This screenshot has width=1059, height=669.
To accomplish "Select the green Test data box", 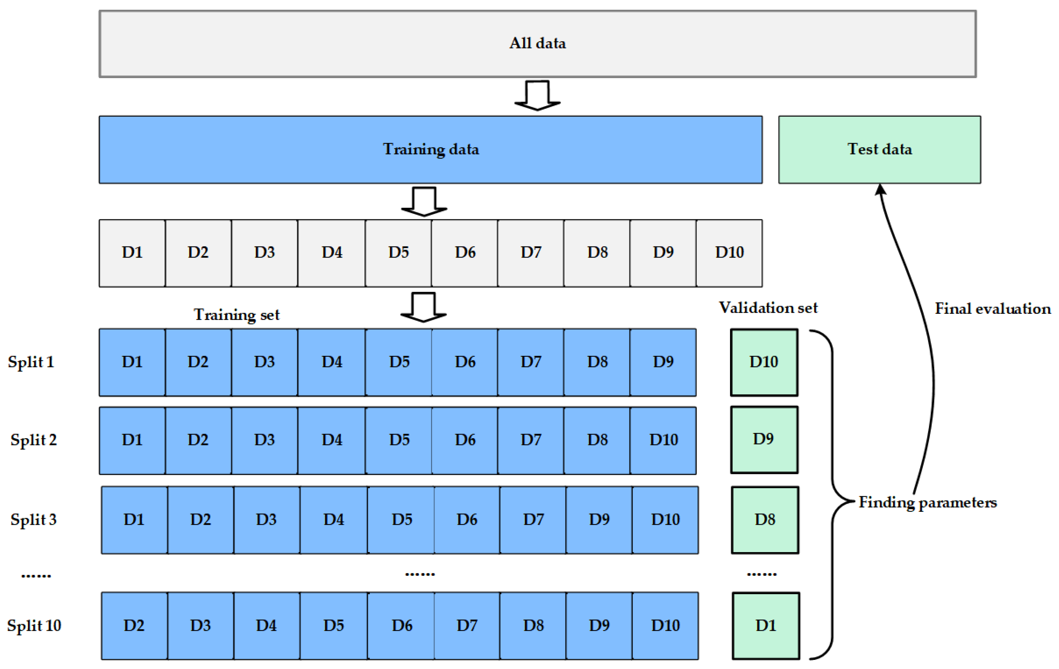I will coord(879,149).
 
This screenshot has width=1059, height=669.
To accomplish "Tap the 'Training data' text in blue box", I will coord(431,149).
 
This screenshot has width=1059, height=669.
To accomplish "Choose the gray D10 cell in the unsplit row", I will coord(729,253).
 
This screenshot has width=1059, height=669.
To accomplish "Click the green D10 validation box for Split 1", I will coord(764,362).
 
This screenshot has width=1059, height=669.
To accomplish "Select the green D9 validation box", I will coord(764,439).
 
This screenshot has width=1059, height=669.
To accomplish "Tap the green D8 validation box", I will coord(765,520).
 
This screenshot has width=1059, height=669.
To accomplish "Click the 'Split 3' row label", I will coord(34,520).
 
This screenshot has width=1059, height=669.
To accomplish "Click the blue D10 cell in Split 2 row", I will coord(663,440).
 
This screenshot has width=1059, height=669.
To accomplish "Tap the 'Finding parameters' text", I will coord(927,502).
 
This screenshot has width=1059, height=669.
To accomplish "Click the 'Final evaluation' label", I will coord(992,309).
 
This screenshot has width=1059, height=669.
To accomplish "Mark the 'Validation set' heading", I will coord(768,308).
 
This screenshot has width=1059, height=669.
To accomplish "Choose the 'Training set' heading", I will coord(236,315).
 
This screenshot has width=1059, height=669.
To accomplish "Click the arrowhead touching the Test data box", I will coord(880,189).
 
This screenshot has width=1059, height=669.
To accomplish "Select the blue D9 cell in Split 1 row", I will coord(663,362).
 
